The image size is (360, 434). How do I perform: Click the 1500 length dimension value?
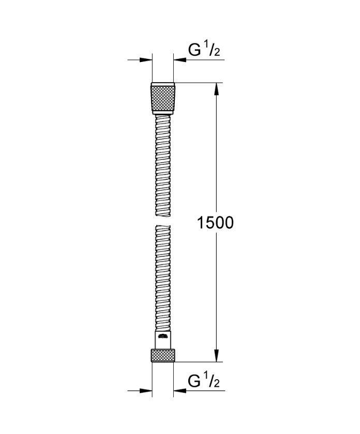pyautogui.click(x=215, y=223)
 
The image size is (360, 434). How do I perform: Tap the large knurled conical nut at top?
pyautogui.click(x=163, y=98)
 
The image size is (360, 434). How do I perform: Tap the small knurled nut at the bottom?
pyautogui.click(x=163, y=355)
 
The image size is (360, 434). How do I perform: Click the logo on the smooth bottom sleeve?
pyautogui.click(x=163, y=336)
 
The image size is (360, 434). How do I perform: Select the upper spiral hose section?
pyautogui.click(x=163, y=166)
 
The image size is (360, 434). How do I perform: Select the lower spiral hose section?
pyautogui.click(x=163, y=278)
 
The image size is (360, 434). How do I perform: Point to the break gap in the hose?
pyautogui.click(x=163, y=221)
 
